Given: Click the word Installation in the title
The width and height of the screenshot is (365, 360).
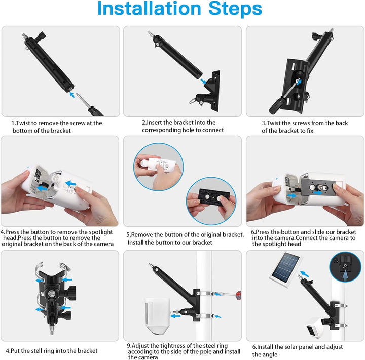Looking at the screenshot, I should coord(149,9).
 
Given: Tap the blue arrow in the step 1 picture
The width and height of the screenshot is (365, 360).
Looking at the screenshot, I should coord(73,94).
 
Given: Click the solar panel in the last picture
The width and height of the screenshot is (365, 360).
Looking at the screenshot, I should coord(287,268).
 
